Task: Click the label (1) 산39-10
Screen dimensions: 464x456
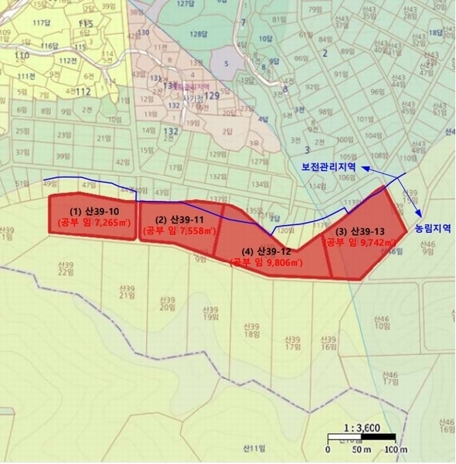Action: click(x=93, y=211)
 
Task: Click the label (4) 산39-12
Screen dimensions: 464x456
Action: click(x=267, y=252)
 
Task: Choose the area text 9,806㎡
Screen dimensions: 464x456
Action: click(x=283, y=263)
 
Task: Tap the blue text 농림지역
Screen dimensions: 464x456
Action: click(x=432, y=229)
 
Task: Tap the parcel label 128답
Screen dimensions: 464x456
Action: click(x=199, y=34)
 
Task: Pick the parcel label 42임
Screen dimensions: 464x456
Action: click(x=121, y=162)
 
